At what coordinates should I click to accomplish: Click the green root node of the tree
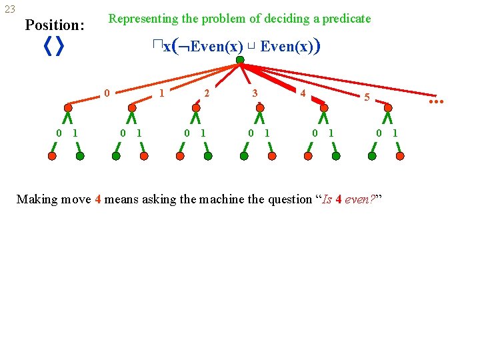tap(240, 59)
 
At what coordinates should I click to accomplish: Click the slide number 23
tap(10, 9)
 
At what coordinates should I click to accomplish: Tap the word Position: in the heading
tap(55, 25)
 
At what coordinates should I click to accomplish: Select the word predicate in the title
tap(345, 19)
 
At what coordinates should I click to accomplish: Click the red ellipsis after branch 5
tap(436, 101)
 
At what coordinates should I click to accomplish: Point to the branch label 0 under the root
tap(107, 93)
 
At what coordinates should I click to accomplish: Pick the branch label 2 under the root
tap(207, 93)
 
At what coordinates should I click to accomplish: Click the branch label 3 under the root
tap(255, 93)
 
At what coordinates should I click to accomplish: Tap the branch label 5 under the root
tap(366, 97)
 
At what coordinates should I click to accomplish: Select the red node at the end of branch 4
tap(324, 107)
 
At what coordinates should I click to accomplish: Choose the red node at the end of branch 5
tap(388, 107)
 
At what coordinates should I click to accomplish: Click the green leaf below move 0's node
tap(80, 156)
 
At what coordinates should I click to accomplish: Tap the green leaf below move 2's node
tap(208, 156)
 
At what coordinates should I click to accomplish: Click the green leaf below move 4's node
tap(336, 156)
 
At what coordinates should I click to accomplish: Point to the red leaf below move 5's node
tap(400, 156)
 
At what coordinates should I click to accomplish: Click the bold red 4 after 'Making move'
tap(98, 199)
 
